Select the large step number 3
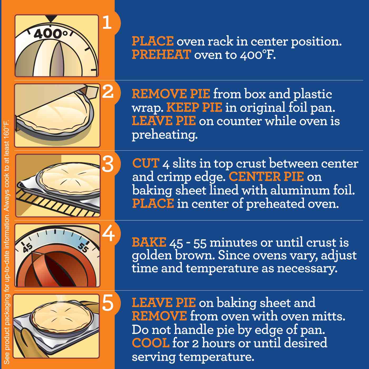point(108,164)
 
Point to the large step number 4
point(108,234)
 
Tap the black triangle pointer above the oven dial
point(51,18)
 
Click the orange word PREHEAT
point(161,55)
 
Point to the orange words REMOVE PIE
point(171,94)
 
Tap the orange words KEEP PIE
point(194,108)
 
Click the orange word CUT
point(146,163)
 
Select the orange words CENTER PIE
point(266,177)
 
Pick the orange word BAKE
point(149,242)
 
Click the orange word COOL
point(150,343)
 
